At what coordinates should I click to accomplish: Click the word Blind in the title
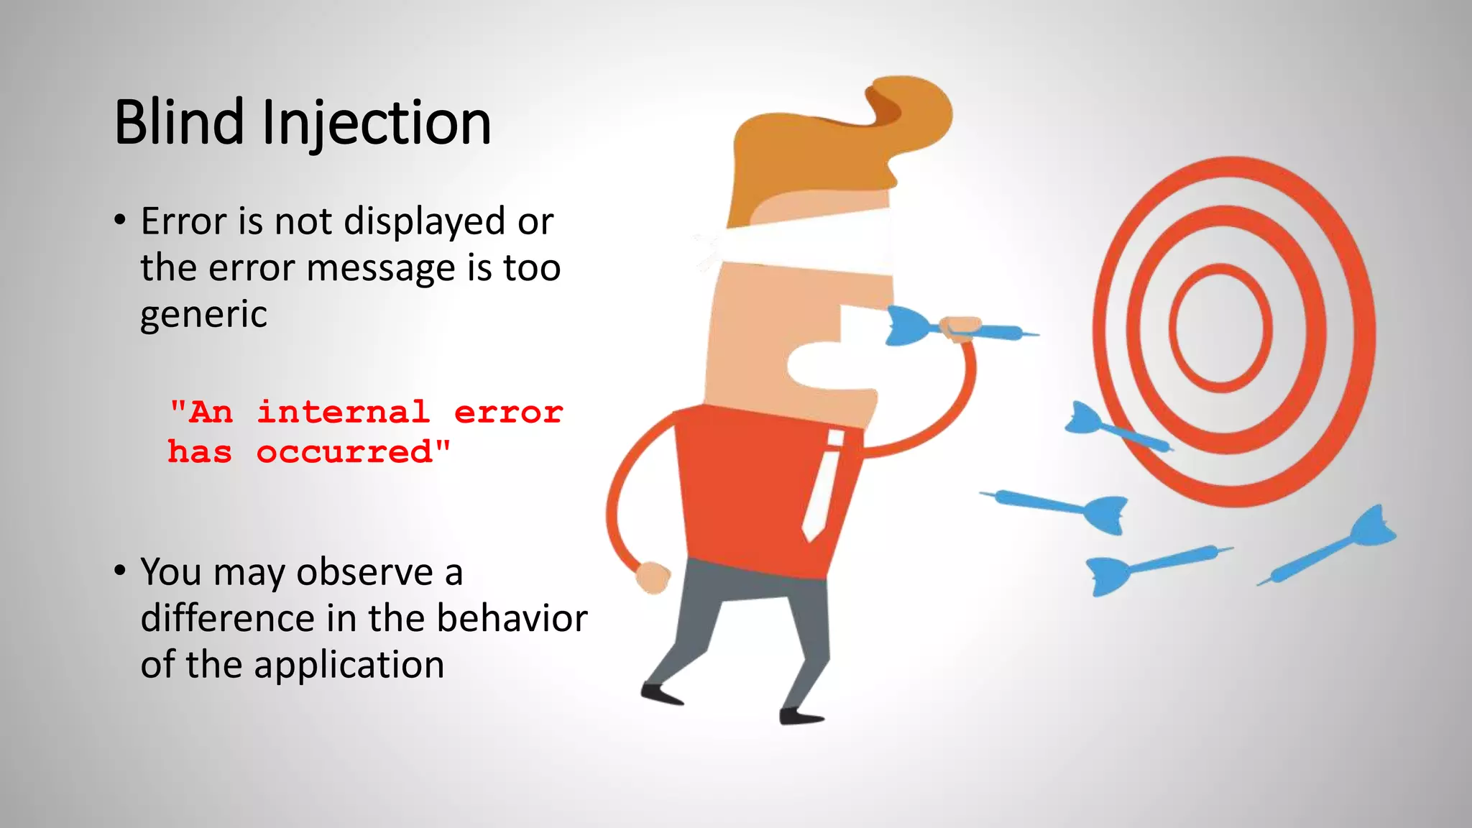tap(179, 122)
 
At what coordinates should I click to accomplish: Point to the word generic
tap(203, 314)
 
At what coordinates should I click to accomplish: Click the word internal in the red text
tap(344, 412)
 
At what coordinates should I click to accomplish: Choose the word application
tap(349, 664)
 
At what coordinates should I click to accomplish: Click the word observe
tap(364, 572)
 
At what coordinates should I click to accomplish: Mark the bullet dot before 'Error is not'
tap(120, 220)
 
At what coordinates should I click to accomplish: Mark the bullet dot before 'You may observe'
tap(120, 571)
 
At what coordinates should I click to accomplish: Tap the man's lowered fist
tap(653, 577)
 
